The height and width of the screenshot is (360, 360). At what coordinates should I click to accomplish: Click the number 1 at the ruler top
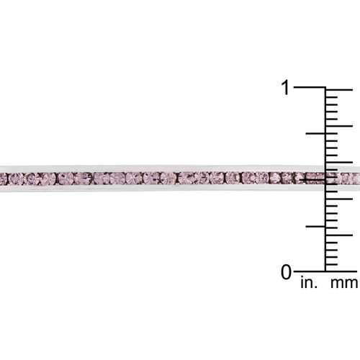click(x=286, y=87)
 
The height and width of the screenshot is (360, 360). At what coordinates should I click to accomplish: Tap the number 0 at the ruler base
click(x=286, y=272)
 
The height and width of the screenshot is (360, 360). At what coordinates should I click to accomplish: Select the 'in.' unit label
click(x=309, y=283)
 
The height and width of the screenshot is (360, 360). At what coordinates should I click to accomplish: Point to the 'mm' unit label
click(x=344, y=284)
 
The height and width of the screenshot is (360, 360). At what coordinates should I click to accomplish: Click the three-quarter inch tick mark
click(x=315, y=133)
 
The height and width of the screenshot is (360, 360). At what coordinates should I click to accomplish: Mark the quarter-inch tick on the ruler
click(x=315, y=226)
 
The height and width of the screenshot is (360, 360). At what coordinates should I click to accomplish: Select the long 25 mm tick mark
click(x=339, y=89)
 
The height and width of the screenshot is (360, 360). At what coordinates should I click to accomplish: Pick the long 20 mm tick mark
click(x=339, y=126)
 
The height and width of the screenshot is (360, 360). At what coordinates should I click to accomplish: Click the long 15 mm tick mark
click(x=339, y=162)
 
